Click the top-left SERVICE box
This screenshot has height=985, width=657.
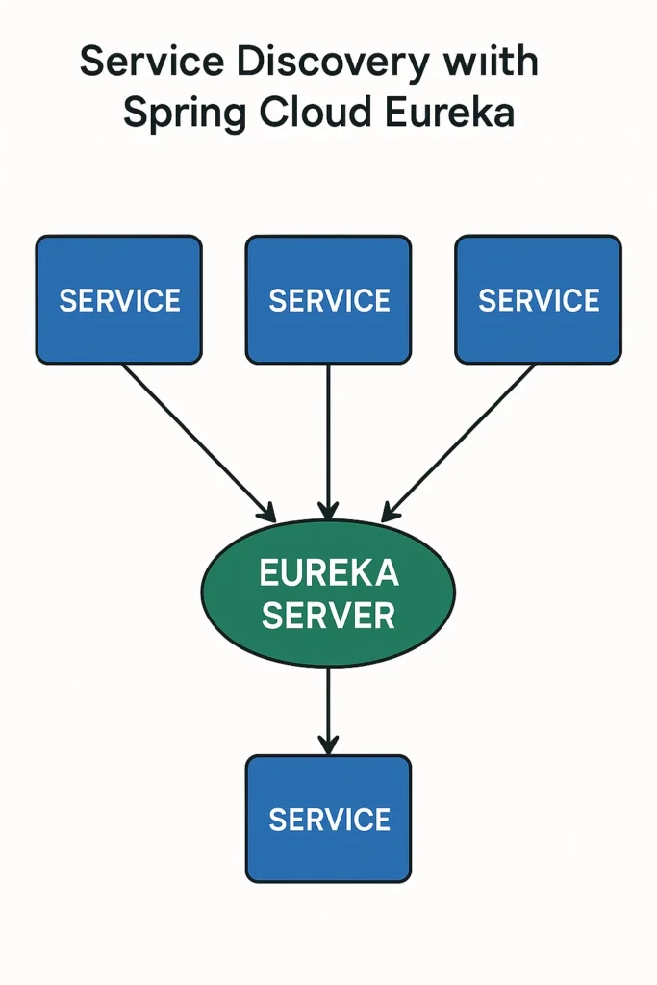[x=119, y=300]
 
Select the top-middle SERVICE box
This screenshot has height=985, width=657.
[x=328, y=300]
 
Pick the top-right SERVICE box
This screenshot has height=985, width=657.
[x=538, y=300]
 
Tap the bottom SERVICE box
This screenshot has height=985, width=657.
[x=328, y=819]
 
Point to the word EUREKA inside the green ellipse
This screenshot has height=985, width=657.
[x=329, y=573]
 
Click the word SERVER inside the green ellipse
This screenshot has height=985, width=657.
[x=328, y=615]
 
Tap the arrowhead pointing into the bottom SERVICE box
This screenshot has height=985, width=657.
[x=328, y=744]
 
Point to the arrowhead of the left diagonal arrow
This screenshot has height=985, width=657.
[x=266, y=511]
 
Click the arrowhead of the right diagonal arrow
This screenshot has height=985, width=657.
[x=390, y=511]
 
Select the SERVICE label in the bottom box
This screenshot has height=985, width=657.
[x=329, y=820]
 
